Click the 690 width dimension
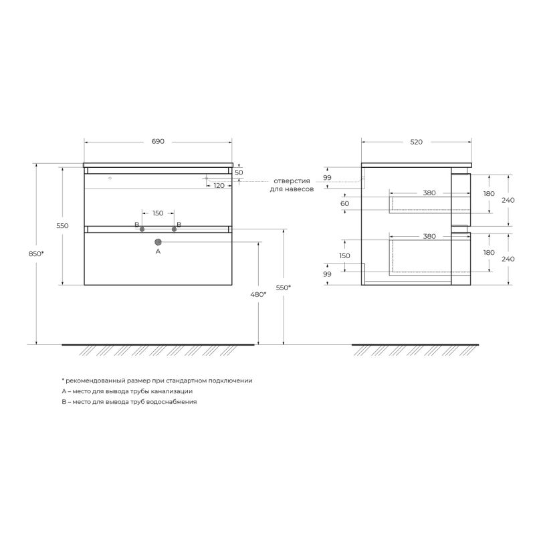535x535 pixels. tap(158, 141)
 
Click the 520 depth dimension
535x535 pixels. tap(416, 142)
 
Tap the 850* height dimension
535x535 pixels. tap(36, 253)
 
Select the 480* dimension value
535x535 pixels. tap(258, 294)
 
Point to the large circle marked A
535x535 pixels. tap(158, 242)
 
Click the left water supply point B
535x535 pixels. tap(142, 229)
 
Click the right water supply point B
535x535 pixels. tap(174, 229)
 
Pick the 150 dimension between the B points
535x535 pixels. tap(158, 213)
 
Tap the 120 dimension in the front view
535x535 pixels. tap(219, 186)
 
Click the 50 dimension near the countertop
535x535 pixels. tap(239, 173)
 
